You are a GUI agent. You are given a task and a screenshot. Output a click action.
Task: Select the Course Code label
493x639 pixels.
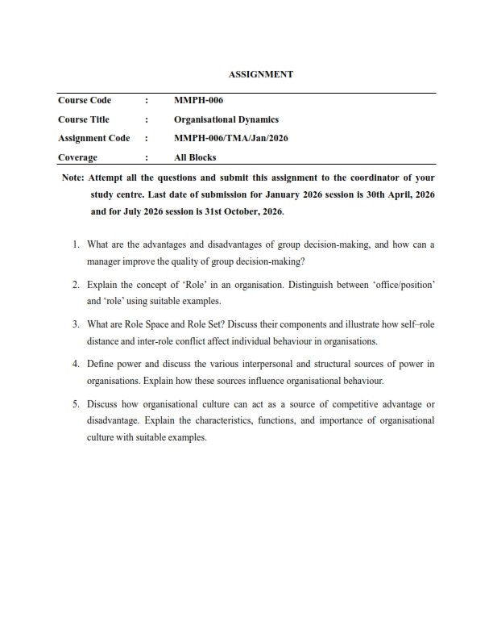click(x=85, y=101)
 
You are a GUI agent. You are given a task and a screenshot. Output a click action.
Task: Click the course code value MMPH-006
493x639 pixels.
click(x=198, y=101)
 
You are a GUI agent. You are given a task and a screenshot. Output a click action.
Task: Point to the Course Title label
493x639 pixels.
click(x=84, y=119)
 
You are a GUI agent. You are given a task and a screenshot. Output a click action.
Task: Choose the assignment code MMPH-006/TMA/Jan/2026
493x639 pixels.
click(x=231, y=138)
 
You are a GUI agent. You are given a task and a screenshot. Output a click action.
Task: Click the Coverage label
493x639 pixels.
click(x=77, y=157)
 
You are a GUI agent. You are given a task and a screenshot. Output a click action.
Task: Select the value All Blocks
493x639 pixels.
click(x=195, y=157)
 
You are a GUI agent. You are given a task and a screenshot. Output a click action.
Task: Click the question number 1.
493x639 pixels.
click(x=75, y=244)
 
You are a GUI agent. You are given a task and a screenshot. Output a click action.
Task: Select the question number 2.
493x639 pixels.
click(x=75, y=285)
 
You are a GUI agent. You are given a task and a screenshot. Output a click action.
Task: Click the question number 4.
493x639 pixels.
click(x=75, y=364)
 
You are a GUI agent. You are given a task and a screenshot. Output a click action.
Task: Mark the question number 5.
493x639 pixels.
click(x=75, y=403)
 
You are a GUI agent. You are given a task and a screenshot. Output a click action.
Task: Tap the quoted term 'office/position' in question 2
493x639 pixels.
click(x=402, y=285)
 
